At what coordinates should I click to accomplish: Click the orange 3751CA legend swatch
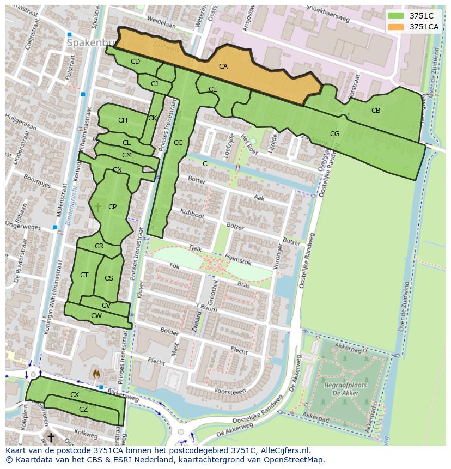pos(396,27)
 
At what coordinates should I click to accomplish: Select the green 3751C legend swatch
pos(396,16)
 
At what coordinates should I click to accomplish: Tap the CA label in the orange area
pos(223,66)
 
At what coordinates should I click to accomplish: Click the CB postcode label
pos(376,111)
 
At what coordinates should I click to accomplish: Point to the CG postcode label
pos(334,134)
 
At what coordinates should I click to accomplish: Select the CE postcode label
pos(213,89)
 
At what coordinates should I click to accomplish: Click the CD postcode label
pos(135,62)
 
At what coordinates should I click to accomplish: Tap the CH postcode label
pos(123,120)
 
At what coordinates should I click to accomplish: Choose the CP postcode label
pos(112,207)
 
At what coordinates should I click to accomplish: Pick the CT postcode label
pos(84,275)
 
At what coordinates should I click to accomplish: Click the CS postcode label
pos(109,278)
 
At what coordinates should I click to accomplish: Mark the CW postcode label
pos(96,316)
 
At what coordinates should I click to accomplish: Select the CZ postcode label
pos(83,410)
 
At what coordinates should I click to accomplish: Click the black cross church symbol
pos(51,437)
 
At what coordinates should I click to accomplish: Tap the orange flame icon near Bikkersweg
pos(96,374)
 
